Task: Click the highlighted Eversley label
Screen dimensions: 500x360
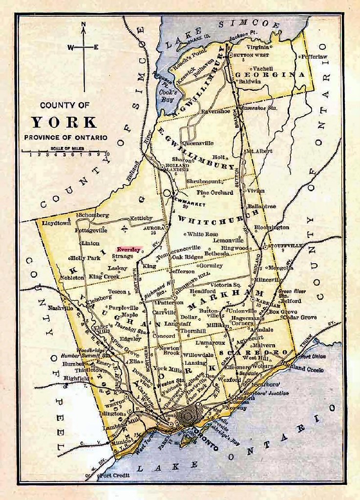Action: [129, 250]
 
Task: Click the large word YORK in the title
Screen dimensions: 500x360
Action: [64, 122]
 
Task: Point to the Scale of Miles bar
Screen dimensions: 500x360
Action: [65, 151]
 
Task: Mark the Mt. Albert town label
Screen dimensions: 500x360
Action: [258, 151]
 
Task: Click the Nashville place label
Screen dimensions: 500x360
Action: [61, 308]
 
